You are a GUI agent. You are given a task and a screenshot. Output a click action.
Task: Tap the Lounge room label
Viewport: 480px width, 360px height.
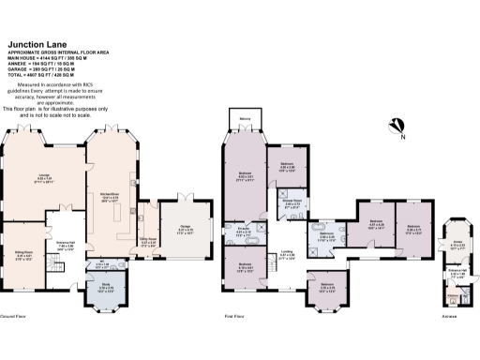(43, 174)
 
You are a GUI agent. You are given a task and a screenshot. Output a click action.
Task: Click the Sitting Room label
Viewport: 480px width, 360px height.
(23, 226)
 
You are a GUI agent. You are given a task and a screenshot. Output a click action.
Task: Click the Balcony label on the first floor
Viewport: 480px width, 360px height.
(244, 120)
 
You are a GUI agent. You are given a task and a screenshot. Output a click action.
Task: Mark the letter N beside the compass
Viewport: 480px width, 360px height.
(403, 138)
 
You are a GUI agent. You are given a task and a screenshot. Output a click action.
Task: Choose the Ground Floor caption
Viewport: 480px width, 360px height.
(13, 318)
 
